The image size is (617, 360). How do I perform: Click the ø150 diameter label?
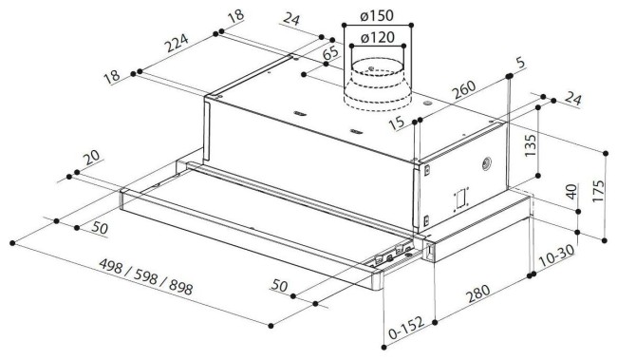pyautogui.click(x=377, y=16)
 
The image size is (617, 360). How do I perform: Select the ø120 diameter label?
pyautogui.click(x=377, y=38)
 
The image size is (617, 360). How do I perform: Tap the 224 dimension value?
pyautogui.click(x=177, y=44)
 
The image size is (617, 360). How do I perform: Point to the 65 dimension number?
pyautogui.click(x=330, y=53)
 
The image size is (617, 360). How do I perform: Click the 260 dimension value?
pyautogui.click(x=463, y=90)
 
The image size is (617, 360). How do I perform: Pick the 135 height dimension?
pyautogui.click(x=530, y=145)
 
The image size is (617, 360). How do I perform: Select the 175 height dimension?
pyautogui.click(x=597, y=191)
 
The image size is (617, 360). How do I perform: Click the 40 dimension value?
pyautogui.click(x=571, y=192)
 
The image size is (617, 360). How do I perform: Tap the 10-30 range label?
pyautogui.click(x=556, y=256)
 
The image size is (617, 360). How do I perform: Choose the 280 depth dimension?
pyautogui.click(x=478, y=294)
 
